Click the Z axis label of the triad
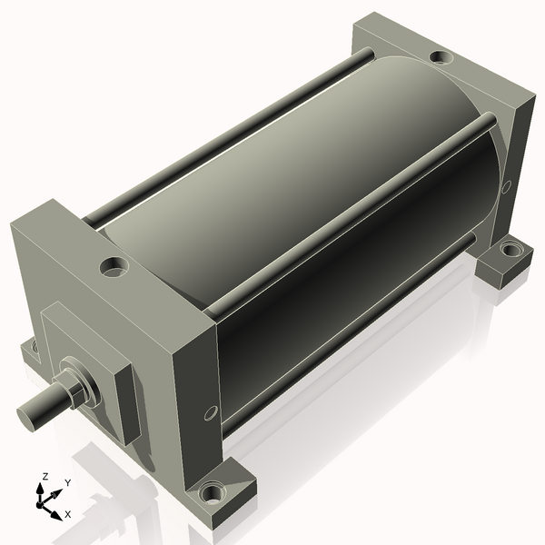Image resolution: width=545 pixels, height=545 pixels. coord(45,476)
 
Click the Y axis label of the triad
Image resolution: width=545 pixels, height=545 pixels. coord(68,483)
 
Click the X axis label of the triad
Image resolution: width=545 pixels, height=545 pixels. coord(68,514)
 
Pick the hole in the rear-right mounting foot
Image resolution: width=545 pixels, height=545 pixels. coord(510,250)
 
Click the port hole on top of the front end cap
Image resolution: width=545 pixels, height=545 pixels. coord(114,267)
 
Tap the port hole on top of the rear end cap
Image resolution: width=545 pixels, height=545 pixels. coord(441,57)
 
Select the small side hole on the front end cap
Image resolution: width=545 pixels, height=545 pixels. coord(211,413)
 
